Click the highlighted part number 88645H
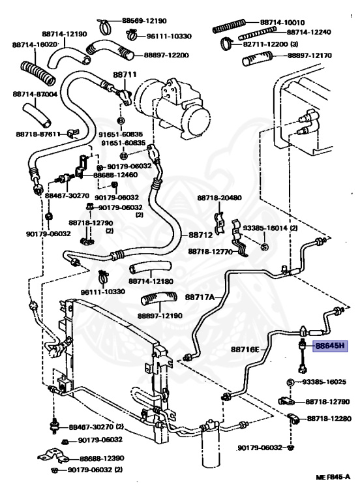click(x=331, y=346)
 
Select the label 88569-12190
click(x=144, y=21)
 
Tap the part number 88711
click(x=125, y=74)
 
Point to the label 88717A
click(x=200, y=297)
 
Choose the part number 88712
click(x=200, y=235)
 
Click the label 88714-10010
click(x=282, y=22)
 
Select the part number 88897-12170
click(x=310, y=55)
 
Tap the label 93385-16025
click(x=324, y=382)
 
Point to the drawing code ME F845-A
click(x=333, y=477)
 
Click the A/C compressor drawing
click(x=172, y=109)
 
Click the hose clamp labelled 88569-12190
click(x=104, y=26)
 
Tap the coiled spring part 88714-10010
click(x=229, y=26)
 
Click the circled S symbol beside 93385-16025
click(x=290, y=382)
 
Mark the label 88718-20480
click(x=219, y=198)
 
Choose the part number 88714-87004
click(x=35, y=94)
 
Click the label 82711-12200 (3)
click(x=271, y=44)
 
